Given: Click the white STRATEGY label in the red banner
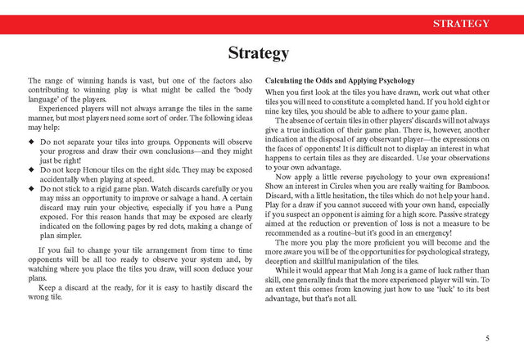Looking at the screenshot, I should (x=461, y=24).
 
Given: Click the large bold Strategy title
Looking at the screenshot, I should (x=258, y=54).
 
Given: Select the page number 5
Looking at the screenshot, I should (x=487, y=338).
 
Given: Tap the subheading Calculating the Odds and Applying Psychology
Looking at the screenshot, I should (x=340, y=81).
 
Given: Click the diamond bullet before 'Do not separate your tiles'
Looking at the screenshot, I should (x=31, y=142).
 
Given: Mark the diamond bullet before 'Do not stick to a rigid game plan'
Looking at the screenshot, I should (x=31, y=188).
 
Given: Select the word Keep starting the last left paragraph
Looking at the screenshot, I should (x=48, y=288).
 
